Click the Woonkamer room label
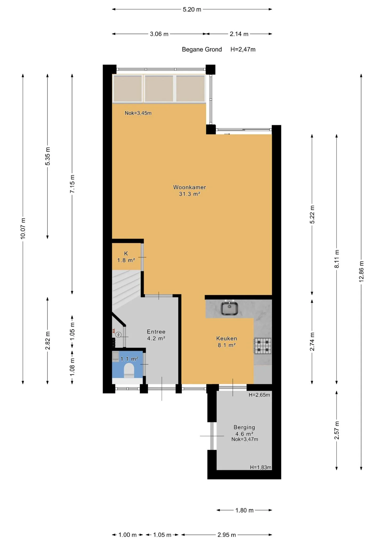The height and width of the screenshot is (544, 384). pos(189,187)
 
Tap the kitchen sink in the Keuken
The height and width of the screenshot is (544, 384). pos(229,308)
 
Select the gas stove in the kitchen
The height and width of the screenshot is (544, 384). pos(262,346)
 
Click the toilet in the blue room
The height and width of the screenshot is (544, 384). pos(129,370)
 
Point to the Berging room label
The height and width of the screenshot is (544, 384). pos(244,427)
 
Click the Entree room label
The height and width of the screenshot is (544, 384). pos(156,332)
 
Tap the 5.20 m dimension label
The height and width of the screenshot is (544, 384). pos(192,10)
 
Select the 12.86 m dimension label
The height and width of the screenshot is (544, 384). pos(361,271)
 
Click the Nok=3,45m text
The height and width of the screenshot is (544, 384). pos(138,113)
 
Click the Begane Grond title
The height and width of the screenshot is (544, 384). pos(202,49)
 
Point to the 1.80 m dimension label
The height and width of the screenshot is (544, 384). pos(244,510)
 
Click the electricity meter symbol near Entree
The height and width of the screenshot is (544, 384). pos(119,335)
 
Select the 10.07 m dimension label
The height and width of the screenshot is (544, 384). pos(23,228)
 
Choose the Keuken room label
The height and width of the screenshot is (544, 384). pos(226,338)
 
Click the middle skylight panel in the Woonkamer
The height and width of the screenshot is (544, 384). pos(159,89)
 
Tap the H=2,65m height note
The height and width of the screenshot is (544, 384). pos(259,395)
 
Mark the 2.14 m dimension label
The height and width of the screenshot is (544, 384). pos(239,34)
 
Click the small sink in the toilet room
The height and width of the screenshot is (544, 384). pos(115,357)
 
